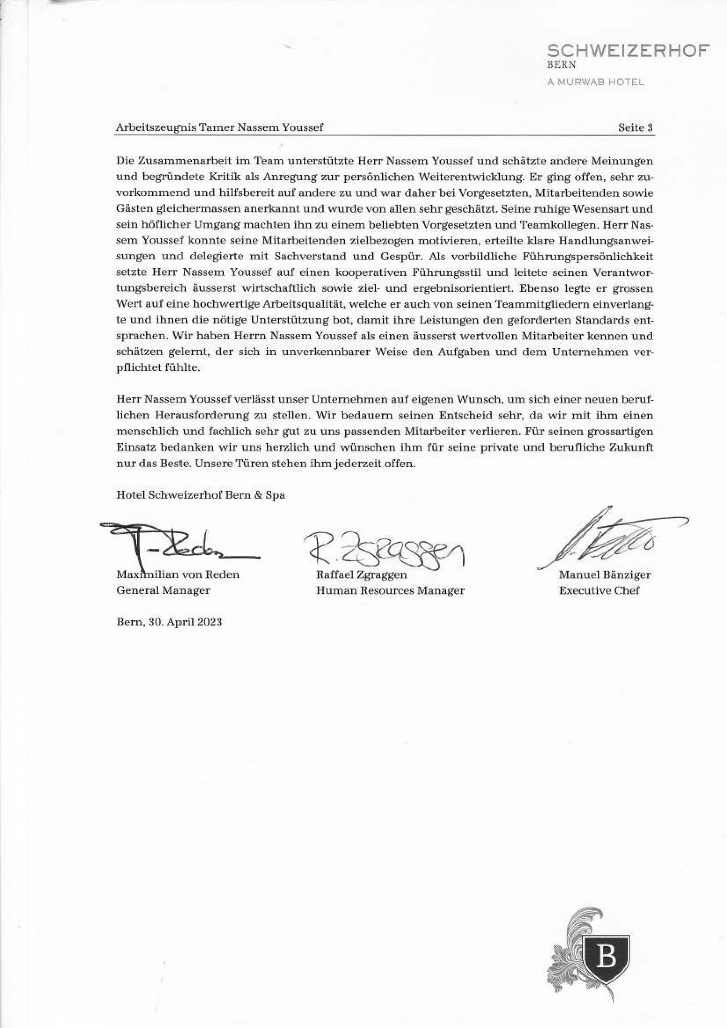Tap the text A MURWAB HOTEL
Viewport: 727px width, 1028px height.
pyautogui.click(x=596, y=82)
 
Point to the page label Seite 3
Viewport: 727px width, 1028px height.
pyautogui.click(x=635, y=127)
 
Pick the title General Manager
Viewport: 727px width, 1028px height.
pyautogui.click(x=163, y=590)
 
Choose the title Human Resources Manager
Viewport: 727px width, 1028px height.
pyautogui.click(x=390, y=591)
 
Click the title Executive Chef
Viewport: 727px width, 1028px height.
pyautogui.click(x=599, y=590)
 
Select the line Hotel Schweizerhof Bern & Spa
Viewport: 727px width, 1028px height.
pyautogui.click(x=200, y=495)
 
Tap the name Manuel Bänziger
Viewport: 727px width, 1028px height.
pyautogui.click(x=604, y=574)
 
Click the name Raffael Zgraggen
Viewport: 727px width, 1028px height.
pyautogui.click(x=361, y=574)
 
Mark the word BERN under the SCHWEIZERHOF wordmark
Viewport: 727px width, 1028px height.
pyautogui.click(x=561, y=64)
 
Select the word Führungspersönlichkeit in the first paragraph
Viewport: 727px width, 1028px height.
pyautogui.click(x=587, y=257)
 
